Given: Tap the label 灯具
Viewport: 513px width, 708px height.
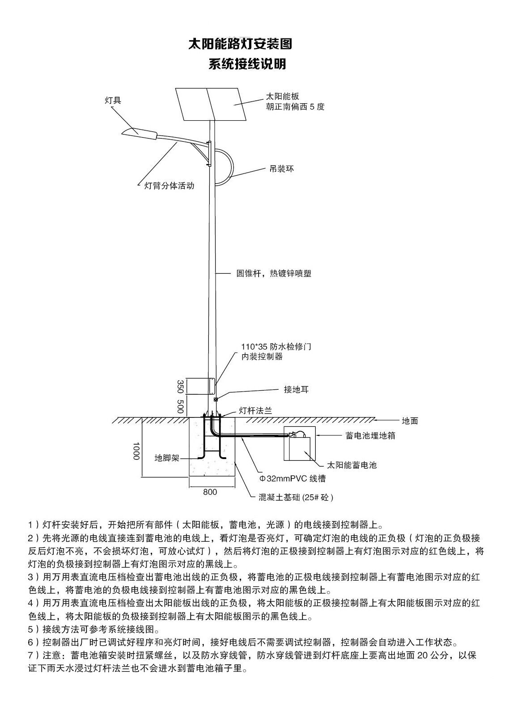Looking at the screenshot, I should coord(113,101).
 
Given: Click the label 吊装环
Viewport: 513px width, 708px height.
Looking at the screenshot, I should coord(281,169).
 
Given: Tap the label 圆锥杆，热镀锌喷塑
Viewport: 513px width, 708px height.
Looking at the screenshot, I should coord(274,273).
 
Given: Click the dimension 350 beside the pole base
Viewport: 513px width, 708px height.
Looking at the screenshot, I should coord(180,386).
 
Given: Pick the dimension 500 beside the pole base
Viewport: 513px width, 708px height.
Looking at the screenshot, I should coord(180,406).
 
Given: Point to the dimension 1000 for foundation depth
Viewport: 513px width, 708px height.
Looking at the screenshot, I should coord(136,451).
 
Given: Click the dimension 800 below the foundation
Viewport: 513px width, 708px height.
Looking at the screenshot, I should coord(210,492).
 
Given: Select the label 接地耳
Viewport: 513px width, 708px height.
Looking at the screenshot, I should coord(296,389).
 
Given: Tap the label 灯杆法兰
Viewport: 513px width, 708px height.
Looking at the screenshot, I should coord(255,410).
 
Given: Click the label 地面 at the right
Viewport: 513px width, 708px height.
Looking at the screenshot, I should coord(410,421).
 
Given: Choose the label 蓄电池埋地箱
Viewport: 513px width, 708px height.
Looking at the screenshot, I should coord(370,435).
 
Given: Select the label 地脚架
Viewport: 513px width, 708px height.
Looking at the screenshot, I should coord(167,458).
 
